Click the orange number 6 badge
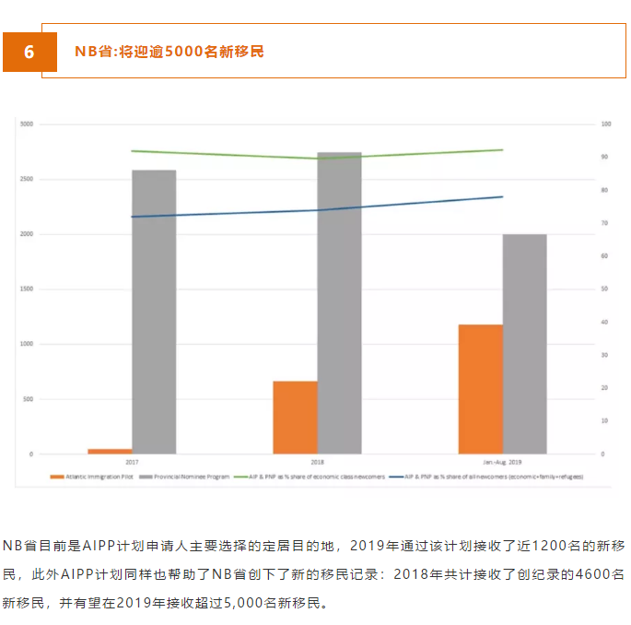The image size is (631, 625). coord(28,52)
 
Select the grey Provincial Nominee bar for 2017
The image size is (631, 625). coord(154,312)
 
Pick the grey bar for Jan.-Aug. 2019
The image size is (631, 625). coord(524,344)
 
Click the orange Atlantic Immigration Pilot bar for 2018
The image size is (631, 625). coord(295,417)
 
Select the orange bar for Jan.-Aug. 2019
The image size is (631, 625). coord(480,389)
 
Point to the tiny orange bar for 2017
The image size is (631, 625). coord(110,451)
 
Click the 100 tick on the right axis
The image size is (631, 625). coord(605,124)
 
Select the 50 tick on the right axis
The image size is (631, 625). coord(604,289)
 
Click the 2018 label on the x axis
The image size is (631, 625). coord(318,461)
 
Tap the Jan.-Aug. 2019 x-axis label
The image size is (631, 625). coord(502,461)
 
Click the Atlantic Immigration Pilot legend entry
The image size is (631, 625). coord(93,477)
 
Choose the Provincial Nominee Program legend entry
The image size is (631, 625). coord(187,477)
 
